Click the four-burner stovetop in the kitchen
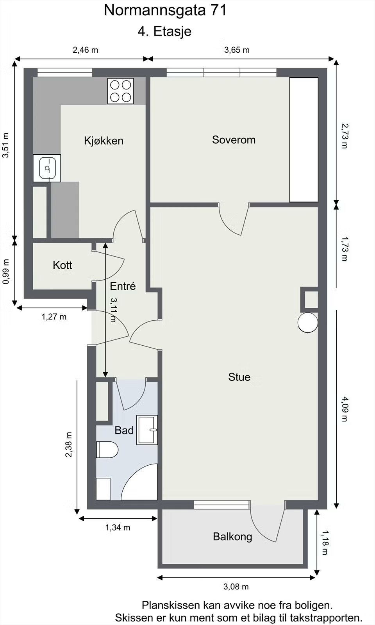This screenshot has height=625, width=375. coord(121,91)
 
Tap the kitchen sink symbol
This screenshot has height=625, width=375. coord(47,168)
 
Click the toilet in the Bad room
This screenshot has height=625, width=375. coord(107,450)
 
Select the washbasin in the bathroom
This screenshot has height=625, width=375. coord(147,430)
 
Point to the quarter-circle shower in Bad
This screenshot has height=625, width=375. coord(139,482)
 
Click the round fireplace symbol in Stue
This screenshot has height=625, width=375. coord(308,323)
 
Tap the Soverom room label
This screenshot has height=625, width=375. coord(234,140)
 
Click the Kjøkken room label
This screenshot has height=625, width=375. coord(104,140)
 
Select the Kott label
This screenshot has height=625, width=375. coord(62,265)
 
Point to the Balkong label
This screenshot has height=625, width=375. coord(232,537)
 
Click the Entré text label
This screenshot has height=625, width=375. coord(123,286)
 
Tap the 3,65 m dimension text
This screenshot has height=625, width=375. coord(237,50)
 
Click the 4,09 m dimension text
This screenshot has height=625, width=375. coord(345,409)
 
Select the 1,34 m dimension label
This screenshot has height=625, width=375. coord(118,528)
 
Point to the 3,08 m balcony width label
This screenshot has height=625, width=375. coord(236,587)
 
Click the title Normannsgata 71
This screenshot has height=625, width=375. coord(165,11)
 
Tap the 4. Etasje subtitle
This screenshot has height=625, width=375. coord(164,32)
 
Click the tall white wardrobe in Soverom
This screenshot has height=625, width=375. coord(304,140)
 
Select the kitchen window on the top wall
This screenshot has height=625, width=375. coord(65,73)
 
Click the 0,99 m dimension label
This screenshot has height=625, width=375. coord(6,272)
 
